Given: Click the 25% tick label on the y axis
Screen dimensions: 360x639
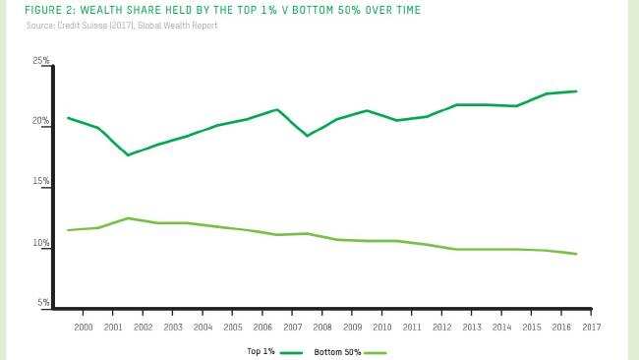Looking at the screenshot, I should tap(41, 61).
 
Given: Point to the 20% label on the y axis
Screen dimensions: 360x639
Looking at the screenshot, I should tap(41, 122).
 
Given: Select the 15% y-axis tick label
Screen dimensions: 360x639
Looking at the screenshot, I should tap(41, 183).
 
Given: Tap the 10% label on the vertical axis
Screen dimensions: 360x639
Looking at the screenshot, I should tap(41, 244).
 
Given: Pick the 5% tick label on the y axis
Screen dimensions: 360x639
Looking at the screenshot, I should tap(44, 304).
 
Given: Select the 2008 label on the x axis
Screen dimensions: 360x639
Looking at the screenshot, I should tap(322, 327).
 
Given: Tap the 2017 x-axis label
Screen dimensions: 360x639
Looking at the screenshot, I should tap(591, 327).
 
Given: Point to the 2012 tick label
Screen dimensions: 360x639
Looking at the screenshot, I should tap(441, 327).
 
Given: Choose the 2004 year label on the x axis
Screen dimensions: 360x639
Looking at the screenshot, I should tap(203, 327).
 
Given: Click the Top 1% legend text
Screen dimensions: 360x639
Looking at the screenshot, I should tap(261, 351).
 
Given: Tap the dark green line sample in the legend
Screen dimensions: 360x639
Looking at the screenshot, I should tap(292, 351).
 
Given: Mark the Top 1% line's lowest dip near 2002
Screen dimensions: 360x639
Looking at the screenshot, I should tap(128, 155).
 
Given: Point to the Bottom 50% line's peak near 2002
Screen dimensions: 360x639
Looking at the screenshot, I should tap(128, 218).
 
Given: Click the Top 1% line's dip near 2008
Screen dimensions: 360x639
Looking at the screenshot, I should tap(308, 136).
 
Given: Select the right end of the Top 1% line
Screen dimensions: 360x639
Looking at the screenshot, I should tap(576, 91).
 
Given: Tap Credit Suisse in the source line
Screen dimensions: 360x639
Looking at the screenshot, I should tap(78, 25).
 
